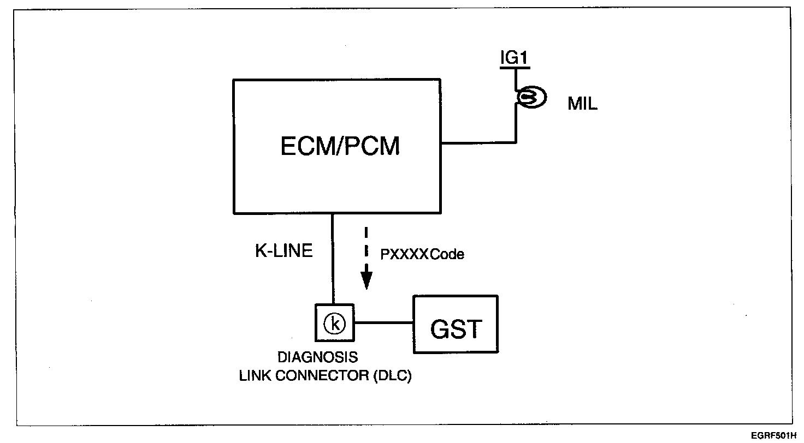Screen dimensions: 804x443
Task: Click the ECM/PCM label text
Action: [340, 146]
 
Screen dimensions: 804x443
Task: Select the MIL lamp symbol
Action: [531, 97]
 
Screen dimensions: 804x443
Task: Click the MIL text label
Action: [582, 104]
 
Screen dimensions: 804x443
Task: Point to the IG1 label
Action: [515, 57]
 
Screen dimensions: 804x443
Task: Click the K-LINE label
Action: [283, 250]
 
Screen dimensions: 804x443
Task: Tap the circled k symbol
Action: [334, 324]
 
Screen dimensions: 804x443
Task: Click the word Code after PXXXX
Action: [447, 254]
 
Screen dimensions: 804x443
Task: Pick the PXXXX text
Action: [405, 254]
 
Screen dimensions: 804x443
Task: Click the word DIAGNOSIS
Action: [318, 357]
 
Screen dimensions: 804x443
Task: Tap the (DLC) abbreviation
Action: [392, 375]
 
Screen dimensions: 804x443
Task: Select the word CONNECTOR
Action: [322, 375]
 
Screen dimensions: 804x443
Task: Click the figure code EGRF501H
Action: [774, 435]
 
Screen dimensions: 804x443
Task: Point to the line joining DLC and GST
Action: [383, 323]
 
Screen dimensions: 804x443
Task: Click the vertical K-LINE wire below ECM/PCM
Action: [333, 259]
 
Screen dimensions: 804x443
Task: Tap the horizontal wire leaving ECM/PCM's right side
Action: [478, 142]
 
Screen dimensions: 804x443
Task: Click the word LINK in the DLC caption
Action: [255, 375]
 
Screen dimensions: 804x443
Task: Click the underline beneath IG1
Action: [515, 67]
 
